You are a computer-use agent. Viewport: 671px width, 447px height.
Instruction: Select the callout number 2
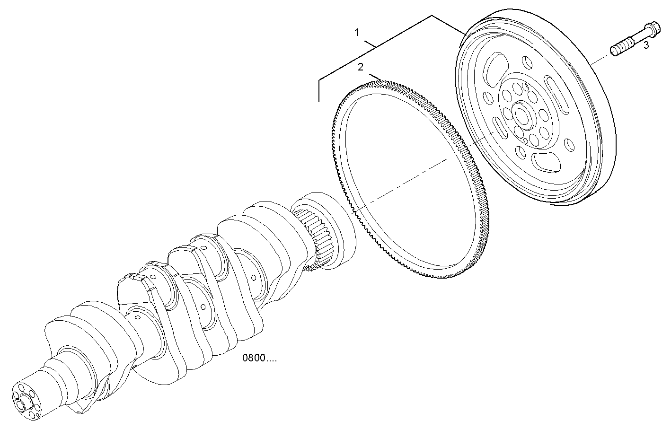[x=361, y=67]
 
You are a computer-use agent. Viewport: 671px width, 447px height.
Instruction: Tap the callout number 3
[x=646, y=45]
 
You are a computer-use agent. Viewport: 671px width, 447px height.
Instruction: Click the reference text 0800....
[x=259, y=358]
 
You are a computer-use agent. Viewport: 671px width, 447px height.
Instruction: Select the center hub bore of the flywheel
[x=523, y=115]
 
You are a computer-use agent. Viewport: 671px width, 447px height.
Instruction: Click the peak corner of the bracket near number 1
[x=432, y=16]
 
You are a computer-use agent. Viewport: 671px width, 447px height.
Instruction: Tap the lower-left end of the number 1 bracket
[x=319, y=101]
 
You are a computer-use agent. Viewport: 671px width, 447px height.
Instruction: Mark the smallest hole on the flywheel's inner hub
[x=525, y=140]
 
